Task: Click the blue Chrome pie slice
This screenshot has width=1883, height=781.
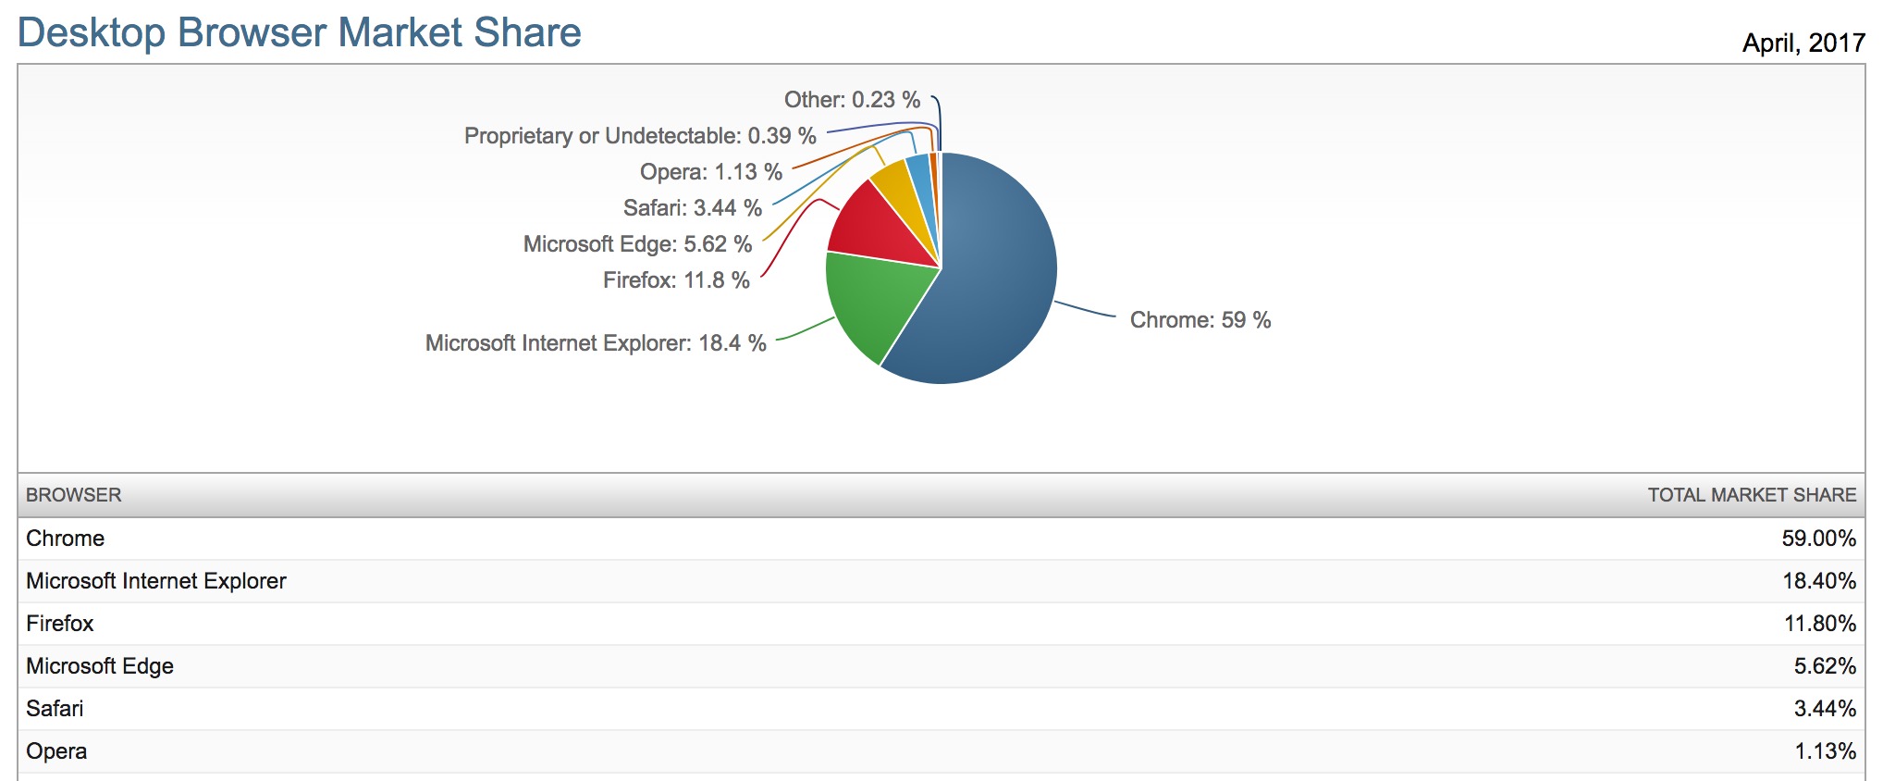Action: coord(994,278)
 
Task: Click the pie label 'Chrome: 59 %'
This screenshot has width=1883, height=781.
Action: coord(1200,320)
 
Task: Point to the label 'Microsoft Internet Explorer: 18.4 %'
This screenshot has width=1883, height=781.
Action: coord(596,343)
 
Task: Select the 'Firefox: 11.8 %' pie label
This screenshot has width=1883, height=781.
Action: coord(676,280)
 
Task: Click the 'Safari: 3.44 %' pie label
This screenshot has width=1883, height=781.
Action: coord(692,208)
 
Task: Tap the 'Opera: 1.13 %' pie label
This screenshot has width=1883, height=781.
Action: coord(710,172)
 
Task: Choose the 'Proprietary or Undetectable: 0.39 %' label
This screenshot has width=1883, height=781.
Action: coord(640,136)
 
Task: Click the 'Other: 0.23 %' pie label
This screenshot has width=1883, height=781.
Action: coord(852,100)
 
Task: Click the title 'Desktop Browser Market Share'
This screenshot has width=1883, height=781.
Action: coord(299,32)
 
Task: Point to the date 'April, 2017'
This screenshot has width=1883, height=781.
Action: coord(1803,43)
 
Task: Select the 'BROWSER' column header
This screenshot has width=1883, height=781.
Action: coord(74,495)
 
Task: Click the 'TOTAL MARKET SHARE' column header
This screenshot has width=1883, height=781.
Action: coord(1751,495)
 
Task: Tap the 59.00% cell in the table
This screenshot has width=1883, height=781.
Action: coord(1818,539)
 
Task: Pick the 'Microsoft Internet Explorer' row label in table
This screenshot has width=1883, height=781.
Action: coord(156,581)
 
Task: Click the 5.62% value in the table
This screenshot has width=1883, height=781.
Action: coord(1824,666)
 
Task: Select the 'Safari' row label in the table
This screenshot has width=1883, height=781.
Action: coord(55,709)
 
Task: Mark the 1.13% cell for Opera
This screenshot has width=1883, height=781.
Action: coord(1825,751)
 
